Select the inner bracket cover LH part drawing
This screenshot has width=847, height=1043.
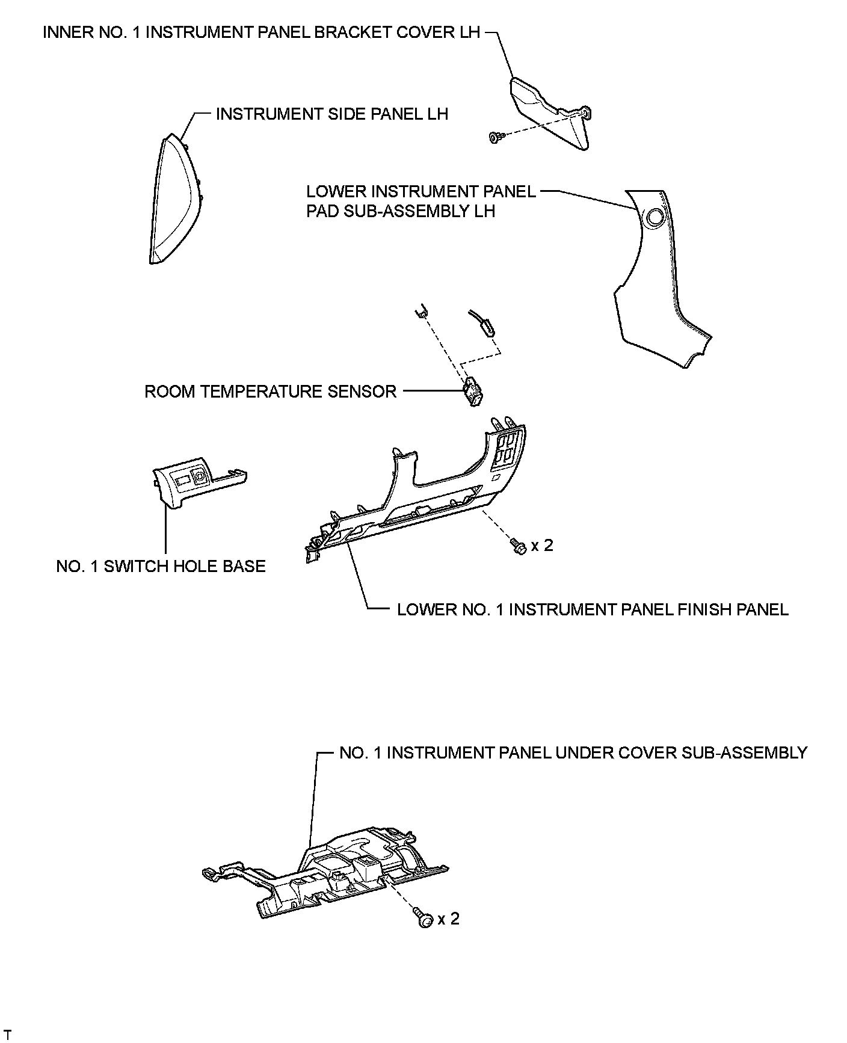tap(550, 111)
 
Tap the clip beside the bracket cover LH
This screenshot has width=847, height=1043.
tap(496, 138)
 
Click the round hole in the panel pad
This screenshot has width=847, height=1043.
tap(654, 218)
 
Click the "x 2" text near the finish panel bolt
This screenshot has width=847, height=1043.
tap(541, 546)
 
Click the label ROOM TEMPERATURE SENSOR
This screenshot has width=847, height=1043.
tap(270, 392)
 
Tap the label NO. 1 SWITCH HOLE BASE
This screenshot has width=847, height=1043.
tap(161, 566)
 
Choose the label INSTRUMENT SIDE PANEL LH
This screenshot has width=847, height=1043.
tap(332, 114)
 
